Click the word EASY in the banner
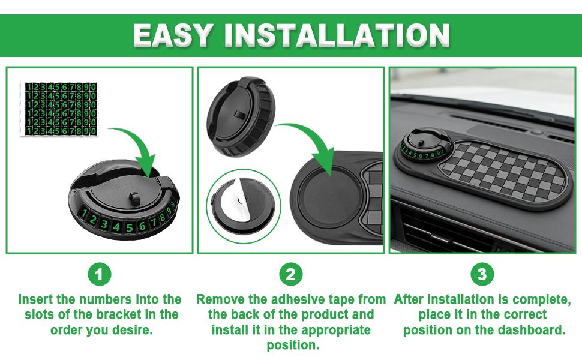pyautogui.click(x=173, y=35)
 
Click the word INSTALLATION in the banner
pyautogui.click(x=337, y=35)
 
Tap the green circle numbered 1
pyautogui.click(x=100, y=275)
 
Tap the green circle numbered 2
pyautogui.click(x=291, y=274)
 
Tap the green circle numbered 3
pyautogui.click(x=482, y=274)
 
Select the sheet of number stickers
pyautogui.click(x=59, y=109)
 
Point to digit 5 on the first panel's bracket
pyautogui.click(x=129, y=227)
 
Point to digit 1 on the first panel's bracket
pyautogui.click(x=84, y=214)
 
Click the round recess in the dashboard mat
pyautogui.click(x=328, y=197)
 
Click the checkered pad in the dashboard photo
pyautogui.click(x=502, y=171)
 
